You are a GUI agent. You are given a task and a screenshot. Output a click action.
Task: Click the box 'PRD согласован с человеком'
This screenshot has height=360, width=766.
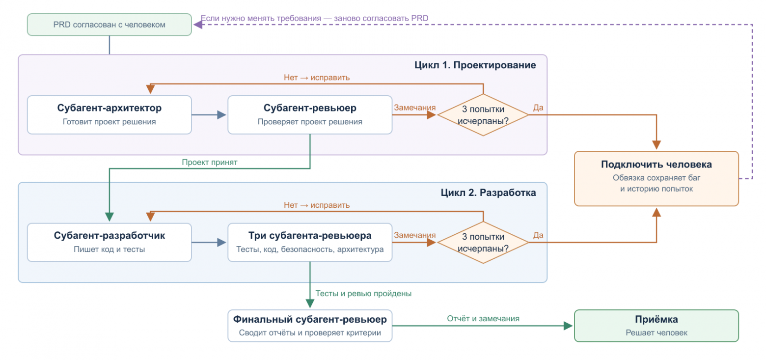coord(109,25)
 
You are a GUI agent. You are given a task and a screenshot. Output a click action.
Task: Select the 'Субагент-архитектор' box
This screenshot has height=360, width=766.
coord(109,115)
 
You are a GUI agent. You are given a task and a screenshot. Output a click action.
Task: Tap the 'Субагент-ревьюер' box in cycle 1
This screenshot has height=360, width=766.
coord(310,115)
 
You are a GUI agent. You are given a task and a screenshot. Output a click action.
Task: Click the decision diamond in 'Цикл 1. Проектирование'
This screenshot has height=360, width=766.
coord(483,115)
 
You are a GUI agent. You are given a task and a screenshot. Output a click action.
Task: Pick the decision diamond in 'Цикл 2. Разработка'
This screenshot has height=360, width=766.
coord(483,243)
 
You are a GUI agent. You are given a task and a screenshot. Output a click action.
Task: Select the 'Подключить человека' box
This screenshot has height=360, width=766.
coord(656,178)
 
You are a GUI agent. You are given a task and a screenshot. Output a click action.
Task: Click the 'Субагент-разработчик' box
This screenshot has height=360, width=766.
coord(109,243)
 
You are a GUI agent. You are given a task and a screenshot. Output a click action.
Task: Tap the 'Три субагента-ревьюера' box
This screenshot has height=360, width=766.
coord(310,243)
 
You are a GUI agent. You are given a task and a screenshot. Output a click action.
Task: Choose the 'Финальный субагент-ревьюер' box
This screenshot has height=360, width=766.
coord(310,326)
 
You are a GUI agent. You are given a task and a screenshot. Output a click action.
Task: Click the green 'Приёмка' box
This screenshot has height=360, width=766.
coord(656,326)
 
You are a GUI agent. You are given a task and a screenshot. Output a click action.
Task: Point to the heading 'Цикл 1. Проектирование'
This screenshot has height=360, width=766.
coord(475,65)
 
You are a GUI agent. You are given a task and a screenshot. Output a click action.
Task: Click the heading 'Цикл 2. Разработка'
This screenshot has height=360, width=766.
coord(488,193)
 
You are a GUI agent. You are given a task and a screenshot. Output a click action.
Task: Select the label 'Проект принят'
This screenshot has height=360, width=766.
coord(209,162)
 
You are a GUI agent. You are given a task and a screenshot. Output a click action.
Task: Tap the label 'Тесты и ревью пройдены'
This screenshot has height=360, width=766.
coord(363,293)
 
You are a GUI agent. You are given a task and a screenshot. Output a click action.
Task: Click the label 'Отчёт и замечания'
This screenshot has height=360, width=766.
coord(483,318)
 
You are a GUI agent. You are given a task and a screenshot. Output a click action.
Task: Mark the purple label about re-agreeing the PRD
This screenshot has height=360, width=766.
coord(314,18)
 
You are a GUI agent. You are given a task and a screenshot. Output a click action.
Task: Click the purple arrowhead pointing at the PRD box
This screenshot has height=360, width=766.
coord(198,25)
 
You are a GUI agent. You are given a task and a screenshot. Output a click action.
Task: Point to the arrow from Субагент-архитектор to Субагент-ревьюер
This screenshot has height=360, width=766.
coord(209,115)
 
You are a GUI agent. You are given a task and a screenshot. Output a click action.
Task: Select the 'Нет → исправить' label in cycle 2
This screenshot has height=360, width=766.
coord(317,205)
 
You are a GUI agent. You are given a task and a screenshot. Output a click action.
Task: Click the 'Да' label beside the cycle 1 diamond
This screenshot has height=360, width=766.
coord(538,108)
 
